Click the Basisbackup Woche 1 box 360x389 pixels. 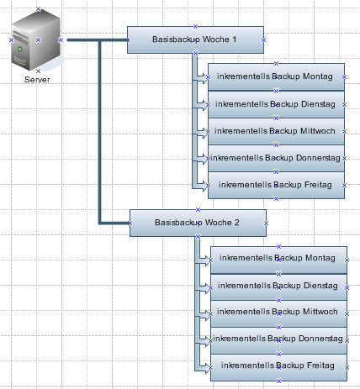[195, 39]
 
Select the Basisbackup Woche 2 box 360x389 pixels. [198, 223]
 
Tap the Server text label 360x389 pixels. [37, 80]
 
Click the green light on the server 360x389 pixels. [20, 50]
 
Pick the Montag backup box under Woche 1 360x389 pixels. [276, 77]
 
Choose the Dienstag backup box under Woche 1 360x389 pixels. [276, 104]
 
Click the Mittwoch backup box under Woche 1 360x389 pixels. [276, 131]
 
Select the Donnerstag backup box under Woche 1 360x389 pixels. [276, 158]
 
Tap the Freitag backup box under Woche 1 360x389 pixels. [276, 185]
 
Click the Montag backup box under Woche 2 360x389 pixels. [278, 260]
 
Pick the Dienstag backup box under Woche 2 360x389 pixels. [278, 287]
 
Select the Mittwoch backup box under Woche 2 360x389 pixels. [278, 313]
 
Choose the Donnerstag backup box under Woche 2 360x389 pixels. [278, 340]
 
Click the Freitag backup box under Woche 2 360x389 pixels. [278, 367]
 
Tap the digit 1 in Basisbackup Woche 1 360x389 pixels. [234, 39]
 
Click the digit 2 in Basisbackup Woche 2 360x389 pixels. [237, 223]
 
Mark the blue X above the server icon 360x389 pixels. [39, 9]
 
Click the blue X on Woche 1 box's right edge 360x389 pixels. [263, 40]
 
